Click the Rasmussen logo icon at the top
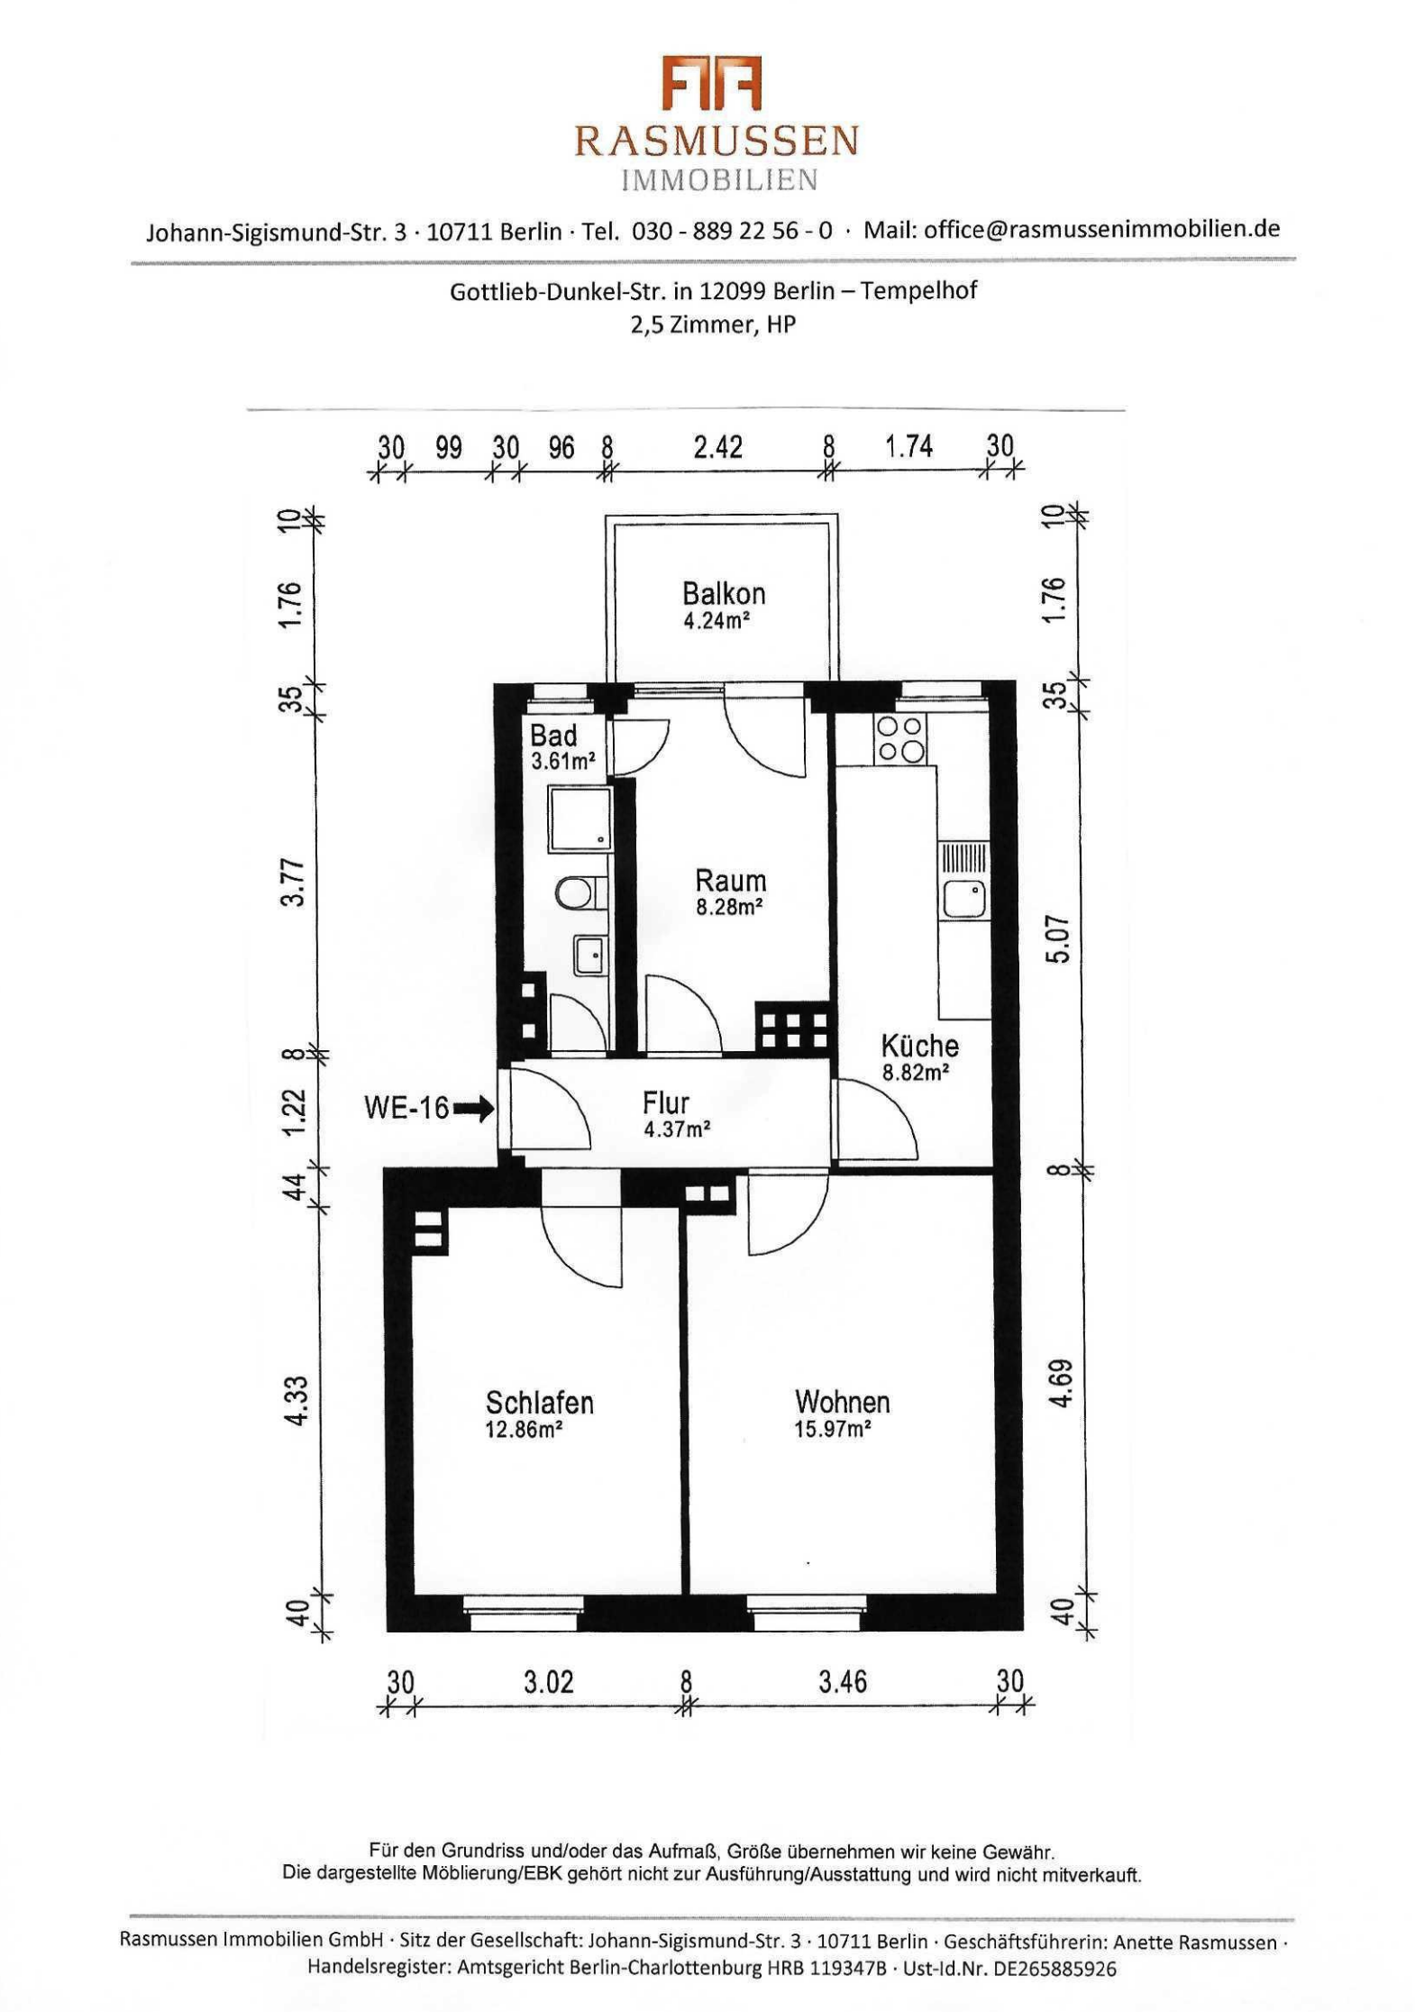(712, 83)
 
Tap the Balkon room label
(724, 593)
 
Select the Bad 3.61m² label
(562, 746)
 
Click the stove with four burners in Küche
(899, 739)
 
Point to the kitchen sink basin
(963, 899)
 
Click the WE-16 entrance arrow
(473, 1108)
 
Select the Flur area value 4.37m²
(677, 1129)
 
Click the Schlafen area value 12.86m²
(524, 1429)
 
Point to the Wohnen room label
(842, 1401)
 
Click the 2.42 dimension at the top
(718, 446)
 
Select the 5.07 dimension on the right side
(1057, 939)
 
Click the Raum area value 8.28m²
(729, 907)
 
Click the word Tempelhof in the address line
(918, 291)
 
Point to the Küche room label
(919, 1046)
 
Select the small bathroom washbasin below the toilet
(590, 955)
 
